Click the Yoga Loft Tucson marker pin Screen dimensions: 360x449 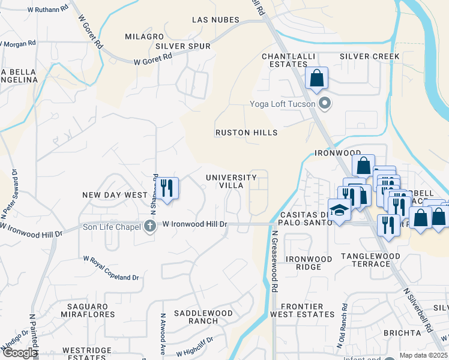point(325,104)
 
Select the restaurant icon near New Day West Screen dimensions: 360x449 point(167,188)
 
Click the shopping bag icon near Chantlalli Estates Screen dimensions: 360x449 point(316,78)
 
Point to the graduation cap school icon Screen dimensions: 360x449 point(340,211)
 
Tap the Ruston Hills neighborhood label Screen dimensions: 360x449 point(247,133)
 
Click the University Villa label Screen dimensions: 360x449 point(231,181)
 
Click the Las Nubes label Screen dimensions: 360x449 point(215,20)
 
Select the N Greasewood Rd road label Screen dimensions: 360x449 point(274,262)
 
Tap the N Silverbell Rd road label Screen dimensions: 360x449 point(417,310)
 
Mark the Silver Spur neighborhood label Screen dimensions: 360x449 point(182,46)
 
